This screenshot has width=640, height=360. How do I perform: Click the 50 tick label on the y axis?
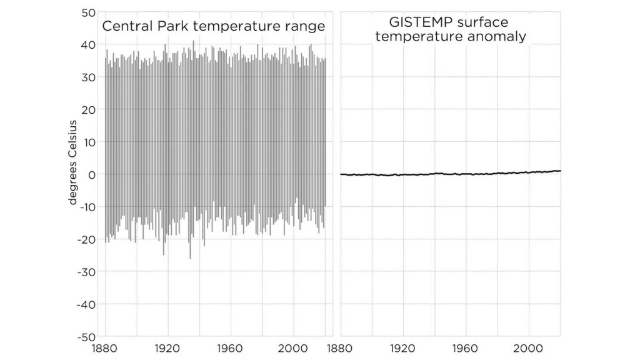[x=87, y=12]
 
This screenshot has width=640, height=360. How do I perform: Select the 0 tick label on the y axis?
[x=91, y=174]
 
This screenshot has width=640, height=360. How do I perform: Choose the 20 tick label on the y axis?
[x=87, y=110]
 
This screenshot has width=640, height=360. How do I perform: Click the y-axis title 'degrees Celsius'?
[x=72, y=162]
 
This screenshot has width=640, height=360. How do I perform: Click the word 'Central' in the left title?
[x=123, y=26]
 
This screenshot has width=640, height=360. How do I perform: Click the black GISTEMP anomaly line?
[x=450, y=174]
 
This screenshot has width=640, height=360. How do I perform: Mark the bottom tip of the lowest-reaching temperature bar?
[x=191, y=258]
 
